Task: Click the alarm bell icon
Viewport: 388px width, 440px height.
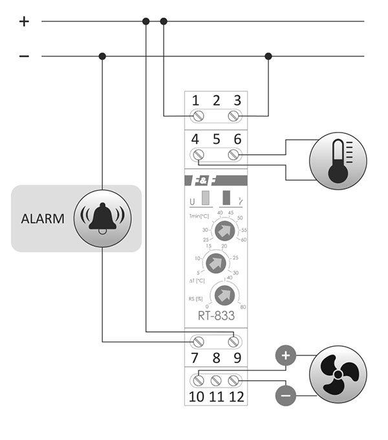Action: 103,218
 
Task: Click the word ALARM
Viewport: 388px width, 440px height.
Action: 43,219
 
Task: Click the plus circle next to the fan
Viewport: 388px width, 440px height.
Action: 287,355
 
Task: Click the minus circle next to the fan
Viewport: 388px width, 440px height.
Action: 287,395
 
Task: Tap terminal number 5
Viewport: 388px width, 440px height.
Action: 217,139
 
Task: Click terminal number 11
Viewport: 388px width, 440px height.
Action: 217,396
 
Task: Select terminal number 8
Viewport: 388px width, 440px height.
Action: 217,357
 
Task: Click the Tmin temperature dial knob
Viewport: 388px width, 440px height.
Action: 223,230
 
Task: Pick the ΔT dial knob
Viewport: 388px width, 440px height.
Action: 217,263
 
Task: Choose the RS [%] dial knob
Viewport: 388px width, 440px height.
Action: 223,294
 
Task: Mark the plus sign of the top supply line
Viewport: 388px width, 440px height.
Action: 24,21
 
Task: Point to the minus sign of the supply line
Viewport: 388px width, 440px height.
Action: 24,56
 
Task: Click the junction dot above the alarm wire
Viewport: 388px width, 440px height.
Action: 102,56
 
